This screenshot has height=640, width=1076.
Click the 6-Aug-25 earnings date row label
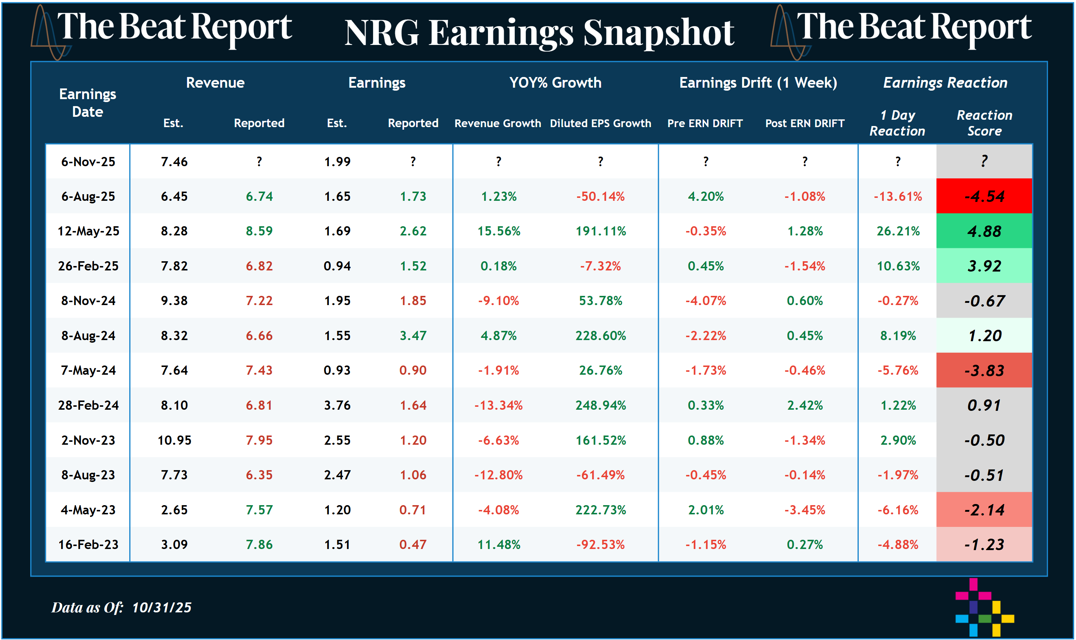(x=88, y=197)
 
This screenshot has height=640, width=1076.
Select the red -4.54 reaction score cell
(x=984, y=197)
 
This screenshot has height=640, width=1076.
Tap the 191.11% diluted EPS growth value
(x=600, y=231)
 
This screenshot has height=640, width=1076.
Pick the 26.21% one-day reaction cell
(x=898, y=231)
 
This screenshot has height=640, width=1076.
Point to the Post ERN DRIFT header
(x=804, y=123)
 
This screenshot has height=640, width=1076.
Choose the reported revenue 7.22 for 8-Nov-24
(x=259, y=301)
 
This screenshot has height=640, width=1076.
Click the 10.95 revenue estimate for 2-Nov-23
(x=174, y=440)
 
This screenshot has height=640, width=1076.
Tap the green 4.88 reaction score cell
(x=984, y=231)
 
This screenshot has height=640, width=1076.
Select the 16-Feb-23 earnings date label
(x=88, y=545)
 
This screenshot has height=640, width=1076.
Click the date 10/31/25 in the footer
(x=162, y=608)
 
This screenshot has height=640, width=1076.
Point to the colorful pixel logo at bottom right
(x=984, y=608)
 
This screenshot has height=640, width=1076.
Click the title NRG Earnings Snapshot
(x=539, y=33)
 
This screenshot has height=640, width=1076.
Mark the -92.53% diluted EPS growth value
(x=600, y=545)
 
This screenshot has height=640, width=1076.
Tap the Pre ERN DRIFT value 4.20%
(x=706, y=197)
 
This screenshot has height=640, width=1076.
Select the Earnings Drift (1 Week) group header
(x=757, y=83)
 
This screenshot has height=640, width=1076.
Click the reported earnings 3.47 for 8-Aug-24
(x=413, y=336)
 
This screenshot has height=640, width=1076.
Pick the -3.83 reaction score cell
(x=984, y=370)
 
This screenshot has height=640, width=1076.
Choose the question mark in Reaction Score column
(x=984, y=161)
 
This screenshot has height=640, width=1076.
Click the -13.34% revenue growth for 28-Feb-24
(x=498, y=405)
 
